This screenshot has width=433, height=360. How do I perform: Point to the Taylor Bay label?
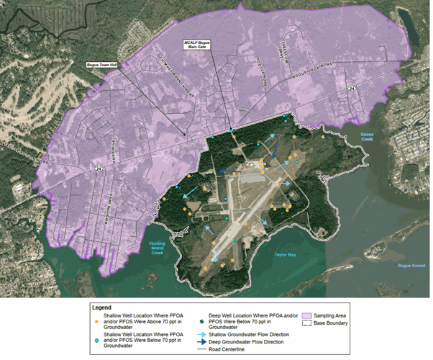pyautogui.click(x=288, y=255)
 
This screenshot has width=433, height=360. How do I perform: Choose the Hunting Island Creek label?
pyautogui.click(x=158, y=247)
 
